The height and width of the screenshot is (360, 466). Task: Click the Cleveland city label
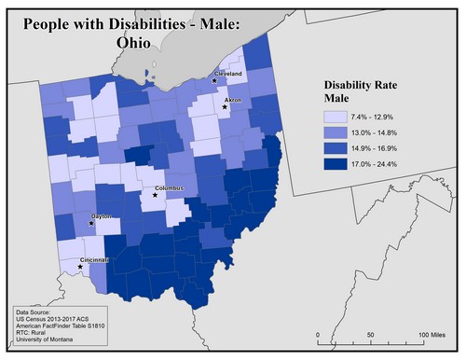point(228,73)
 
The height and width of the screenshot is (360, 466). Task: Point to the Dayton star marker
point(91,224)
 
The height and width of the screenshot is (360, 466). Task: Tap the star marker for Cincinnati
point(81,267)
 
